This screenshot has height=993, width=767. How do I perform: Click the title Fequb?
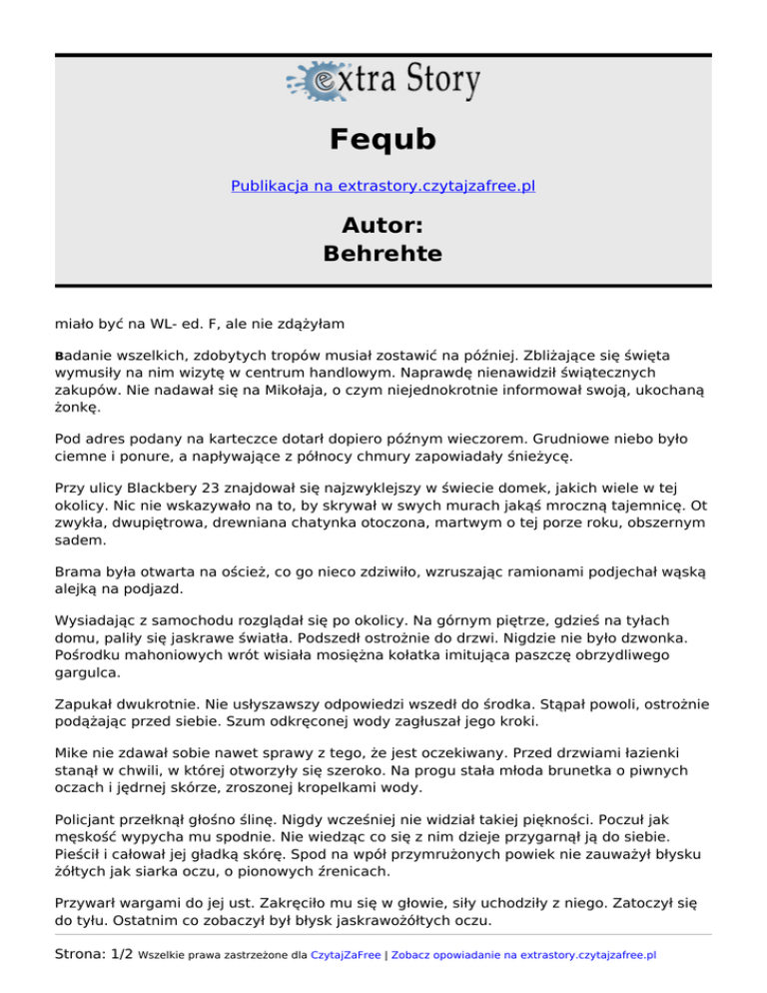click(x=383, y=140)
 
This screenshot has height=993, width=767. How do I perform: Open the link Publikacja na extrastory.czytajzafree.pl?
click(x=383, y=186)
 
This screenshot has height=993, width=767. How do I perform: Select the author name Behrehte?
click(x=383, y=254)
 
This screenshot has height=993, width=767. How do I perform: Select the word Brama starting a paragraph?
click(x=77, y=565)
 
